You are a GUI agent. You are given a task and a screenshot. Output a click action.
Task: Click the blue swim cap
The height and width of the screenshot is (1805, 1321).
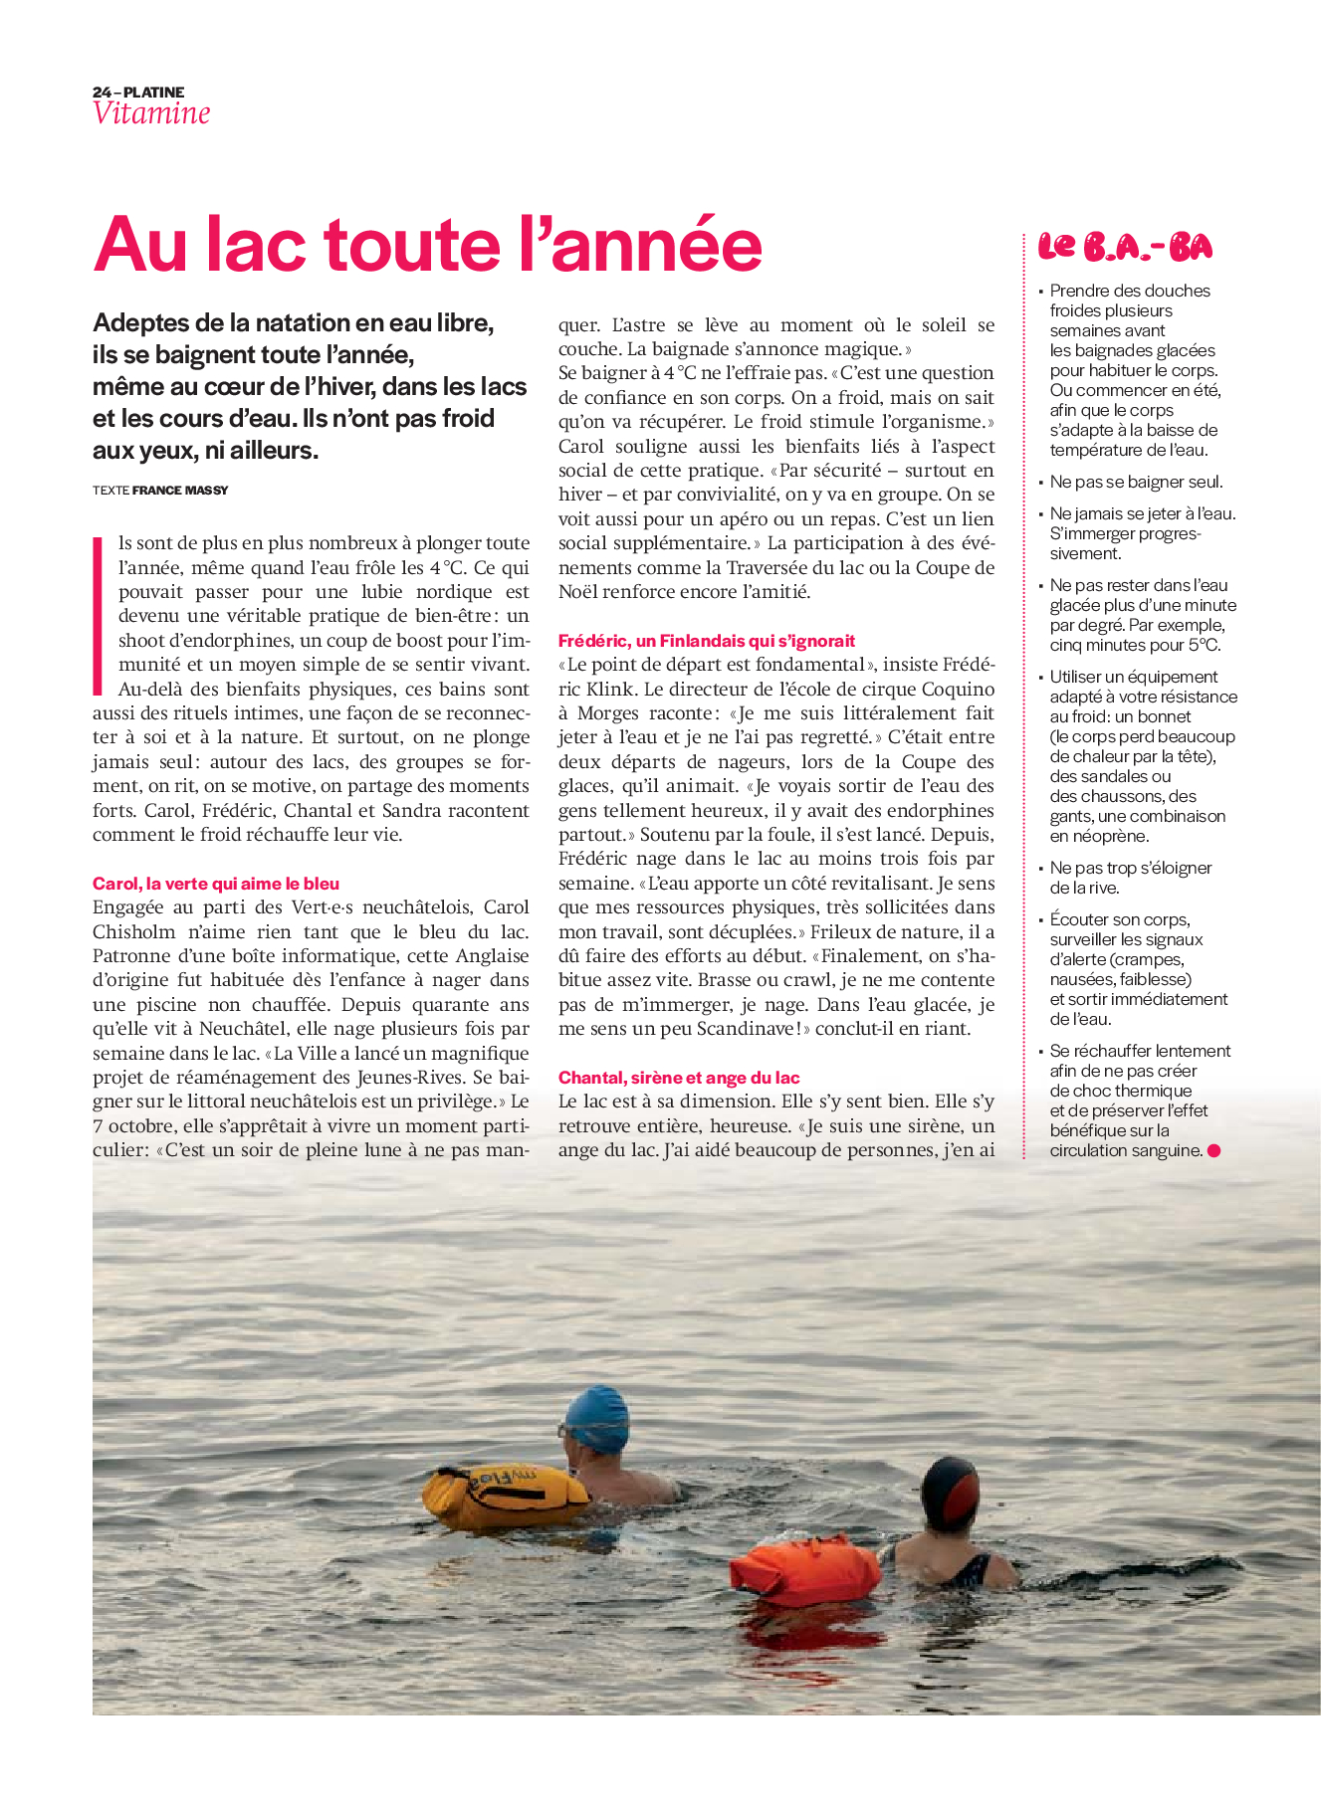coord(597,1415)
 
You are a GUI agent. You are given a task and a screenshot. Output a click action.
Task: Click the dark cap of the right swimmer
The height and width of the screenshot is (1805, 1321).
coord(950,1491)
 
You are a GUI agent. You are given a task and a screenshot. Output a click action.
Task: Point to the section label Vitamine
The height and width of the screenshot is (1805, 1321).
coord(151,113)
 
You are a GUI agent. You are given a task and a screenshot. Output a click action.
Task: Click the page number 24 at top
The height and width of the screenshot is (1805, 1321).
coord(101,93)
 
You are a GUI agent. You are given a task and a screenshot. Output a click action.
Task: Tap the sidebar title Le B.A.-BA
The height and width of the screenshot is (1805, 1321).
coord(1125,247)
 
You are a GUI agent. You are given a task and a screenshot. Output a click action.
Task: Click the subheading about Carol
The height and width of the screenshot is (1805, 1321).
coord(216,884)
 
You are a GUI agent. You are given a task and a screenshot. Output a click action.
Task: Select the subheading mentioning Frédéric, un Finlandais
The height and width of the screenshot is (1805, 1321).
coord(707,641)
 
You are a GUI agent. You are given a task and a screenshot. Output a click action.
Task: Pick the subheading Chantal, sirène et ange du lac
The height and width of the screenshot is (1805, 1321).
coord(679,1078)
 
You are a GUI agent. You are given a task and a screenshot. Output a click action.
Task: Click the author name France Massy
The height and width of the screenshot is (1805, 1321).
coord(180,491)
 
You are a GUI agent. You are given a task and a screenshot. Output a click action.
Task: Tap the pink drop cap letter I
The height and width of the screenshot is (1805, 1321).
coord(99,616)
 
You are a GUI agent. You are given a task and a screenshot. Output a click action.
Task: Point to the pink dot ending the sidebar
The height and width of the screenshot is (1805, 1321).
coord(1213,1151)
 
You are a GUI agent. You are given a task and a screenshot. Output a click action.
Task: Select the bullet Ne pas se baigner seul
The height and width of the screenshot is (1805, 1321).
coord(1136,482)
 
